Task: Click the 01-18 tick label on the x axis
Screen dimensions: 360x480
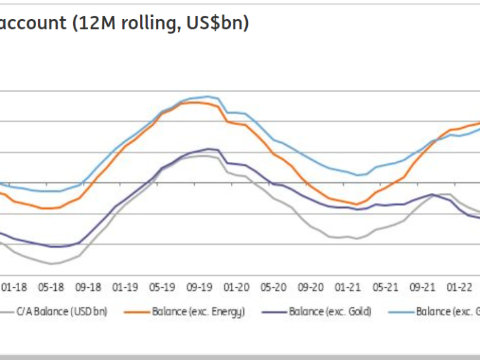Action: coord(14,288)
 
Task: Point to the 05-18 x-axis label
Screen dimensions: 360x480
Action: coord(51,288)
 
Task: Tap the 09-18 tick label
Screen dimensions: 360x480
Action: coord(88,288)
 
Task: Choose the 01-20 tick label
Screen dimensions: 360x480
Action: coord(237,288)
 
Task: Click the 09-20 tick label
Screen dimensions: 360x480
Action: coord(311,288)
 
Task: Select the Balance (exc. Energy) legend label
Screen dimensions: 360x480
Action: coord(199,311)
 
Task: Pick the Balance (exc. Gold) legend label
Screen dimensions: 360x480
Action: coord(330,311)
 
